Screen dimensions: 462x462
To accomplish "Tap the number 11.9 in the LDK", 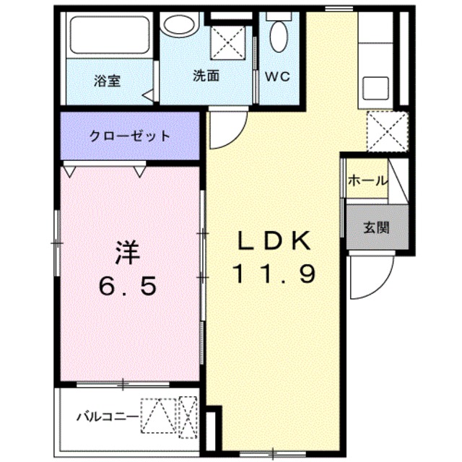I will (x=274, y=275).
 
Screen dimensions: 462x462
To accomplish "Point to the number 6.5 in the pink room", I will (x=128, y=287).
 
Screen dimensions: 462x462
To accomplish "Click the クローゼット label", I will (x=130, y=136).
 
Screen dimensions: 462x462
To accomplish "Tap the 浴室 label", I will (x=106, y=80).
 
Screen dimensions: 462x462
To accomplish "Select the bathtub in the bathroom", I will (x=109, y=35).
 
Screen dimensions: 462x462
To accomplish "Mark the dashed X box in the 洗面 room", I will (x=230, y=43).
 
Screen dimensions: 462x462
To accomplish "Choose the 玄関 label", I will (x=375, y=227).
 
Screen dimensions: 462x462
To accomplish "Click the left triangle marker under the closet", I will (x=71, y=172).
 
